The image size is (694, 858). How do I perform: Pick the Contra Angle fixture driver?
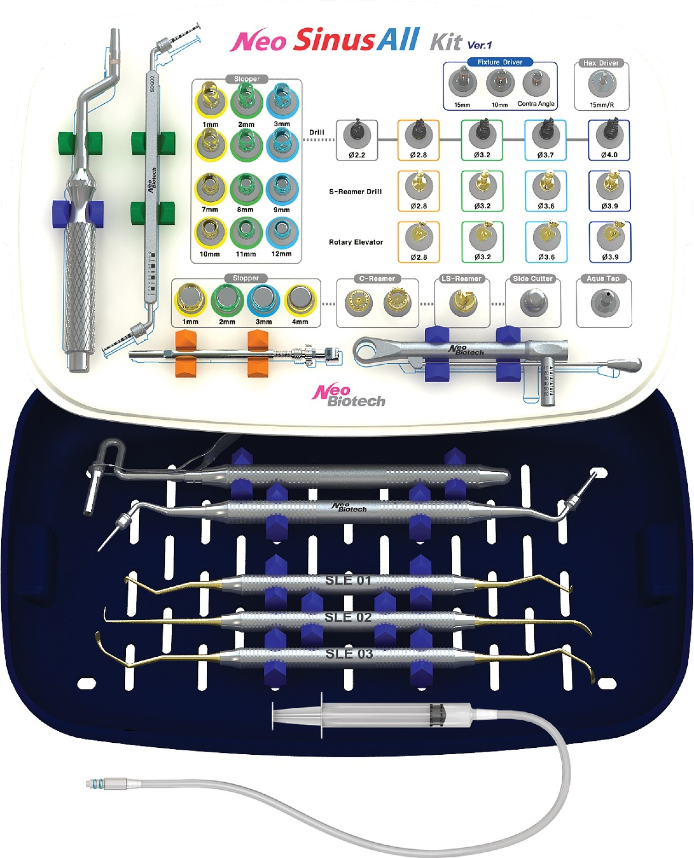coord(536,83)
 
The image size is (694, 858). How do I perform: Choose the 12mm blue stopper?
coord(282,233)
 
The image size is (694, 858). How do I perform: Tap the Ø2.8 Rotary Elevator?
coord(419,237)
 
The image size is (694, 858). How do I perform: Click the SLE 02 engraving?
coord(348,618)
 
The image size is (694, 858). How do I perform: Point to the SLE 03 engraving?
coord(349,654)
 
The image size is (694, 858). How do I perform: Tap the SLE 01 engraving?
coord(348,580)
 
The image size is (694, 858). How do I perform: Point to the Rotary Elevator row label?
coord(356,242)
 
